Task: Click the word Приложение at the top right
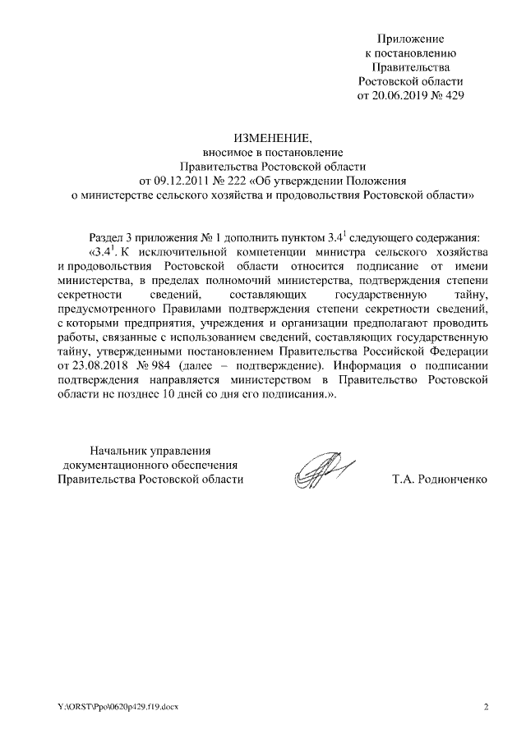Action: tap(410, 39)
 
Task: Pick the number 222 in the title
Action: tap(237, 181)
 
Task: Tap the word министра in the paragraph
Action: tap(350, 250)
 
